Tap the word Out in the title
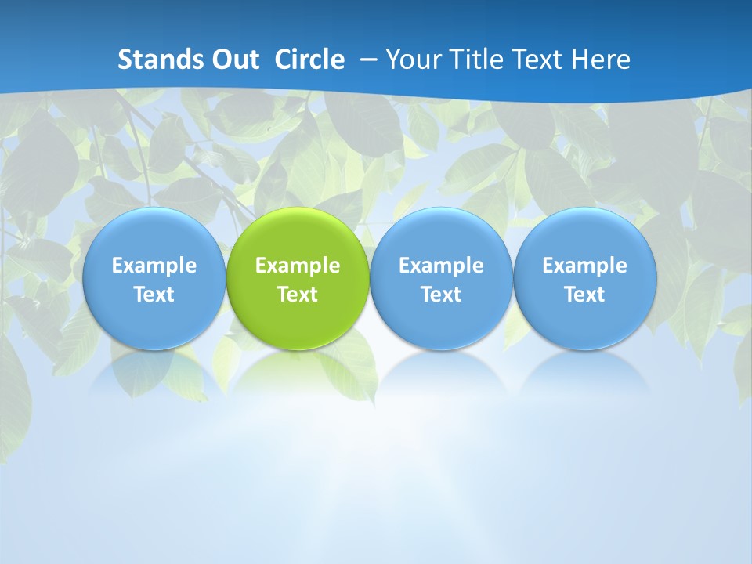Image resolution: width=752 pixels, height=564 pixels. click(x=234, y=60)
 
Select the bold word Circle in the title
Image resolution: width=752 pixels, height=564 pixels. click(x=309, y=60)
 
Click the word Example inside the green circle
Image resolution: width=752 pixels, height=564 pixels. click(x=298, y=266)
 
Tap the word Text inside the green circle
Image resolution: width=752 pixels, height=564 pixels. click(x=298, y=295)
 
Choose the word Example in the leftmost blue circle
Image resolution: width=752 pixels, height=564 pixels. click(x=154, y=266)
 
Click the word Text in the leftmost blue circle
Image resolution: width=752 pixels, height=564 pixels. click(x=154, y=295)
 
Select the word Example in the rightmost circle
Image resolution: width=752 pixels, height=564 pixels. click(x=584, y=266)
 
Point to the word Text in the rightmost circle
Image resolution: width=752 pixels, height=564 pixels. click(x=584, y=295)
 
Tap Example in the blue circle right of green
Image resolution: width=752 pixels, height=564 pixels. click(x=441, y=266)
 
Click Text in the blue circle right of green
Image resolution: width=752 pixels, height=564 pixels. click(x=441, y=295)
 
